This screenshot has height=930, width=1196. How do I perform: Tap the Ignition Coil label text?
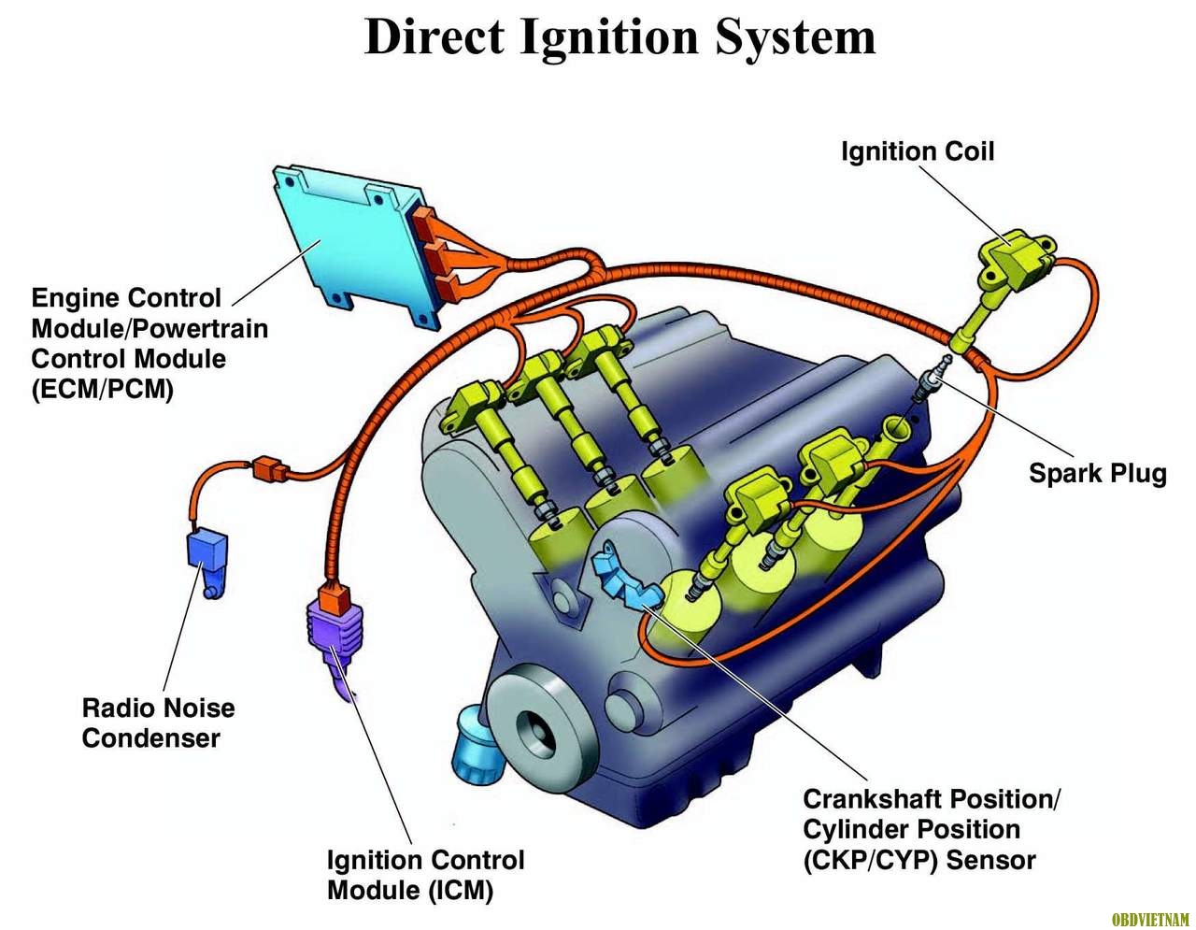pos(918,151)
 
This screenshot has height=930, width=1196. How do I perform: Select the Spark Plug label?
pos(1098,473)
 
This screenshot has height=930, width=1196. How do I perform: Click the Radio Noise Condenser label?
pos(158,723)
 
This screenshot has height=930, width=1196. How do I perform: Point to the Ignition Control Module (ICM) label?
pos(425,875)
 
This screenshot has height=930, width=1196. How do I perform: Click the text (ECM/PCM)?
pos(103,389)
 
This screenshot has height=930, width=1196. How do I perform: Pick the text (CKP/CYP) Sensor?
pos(919,860)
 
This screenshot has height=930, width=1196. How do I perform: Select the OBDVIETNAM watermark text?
pos(1150,920)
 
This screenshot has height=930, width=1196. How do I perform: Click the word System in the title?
pos(796,37)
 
